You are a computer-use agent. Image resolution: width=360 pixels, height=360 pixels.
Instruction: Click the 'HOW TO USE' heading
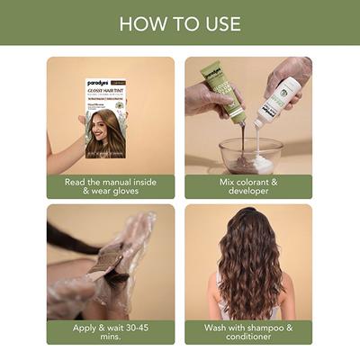(180, 22)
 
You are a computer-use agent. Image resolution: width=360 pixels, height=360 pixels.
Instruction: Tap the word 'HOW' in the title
(139, 22)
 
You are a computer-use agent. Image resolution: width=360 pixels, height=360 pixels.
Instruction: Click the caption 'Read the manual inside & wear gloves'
(111, 186)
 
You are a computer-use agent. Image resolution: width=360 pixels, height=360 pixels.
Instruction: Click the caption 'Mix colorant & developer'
(249, 186)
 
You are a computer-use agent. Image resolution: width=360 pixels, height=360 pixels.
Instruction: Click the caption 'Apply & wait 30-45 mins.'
(111, 333)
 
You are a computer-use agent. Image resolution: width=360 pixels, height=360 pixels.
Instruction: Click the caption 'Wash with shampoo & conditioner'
(249, 333)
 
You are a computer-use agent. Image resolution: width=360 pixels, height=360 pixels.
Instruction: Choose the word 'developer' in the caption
(249, 192)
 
